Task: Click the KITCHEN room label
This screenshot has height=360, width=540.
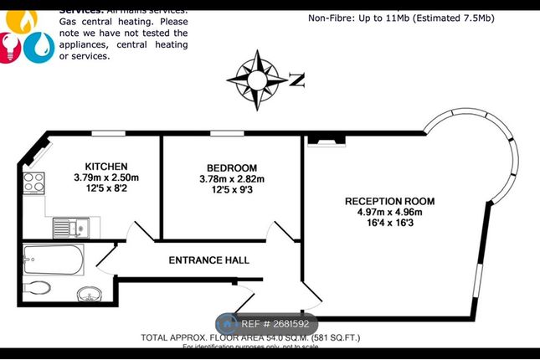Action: coord(105,166)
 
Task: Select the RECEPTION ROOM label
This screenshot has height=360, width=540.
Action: coord(390,202)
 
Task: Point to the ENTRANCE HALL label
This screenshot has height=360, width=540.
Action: coord(209,260)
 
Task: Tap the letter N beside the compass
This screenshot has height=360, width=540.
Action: coord(296,80)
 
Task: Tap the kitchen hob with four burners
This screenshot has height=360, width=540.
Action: coord(34,182)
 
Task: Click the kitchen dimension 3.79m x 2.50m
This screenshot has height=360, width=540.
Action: coord(105,177)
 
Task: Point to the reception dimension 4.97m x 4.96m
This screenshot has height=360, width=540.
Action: coord(390,213)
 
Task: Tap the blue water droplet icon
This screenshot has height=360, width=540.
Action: coord(38,47)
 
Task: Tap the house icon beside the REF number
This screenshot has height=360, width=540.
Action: coord(228,324)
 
